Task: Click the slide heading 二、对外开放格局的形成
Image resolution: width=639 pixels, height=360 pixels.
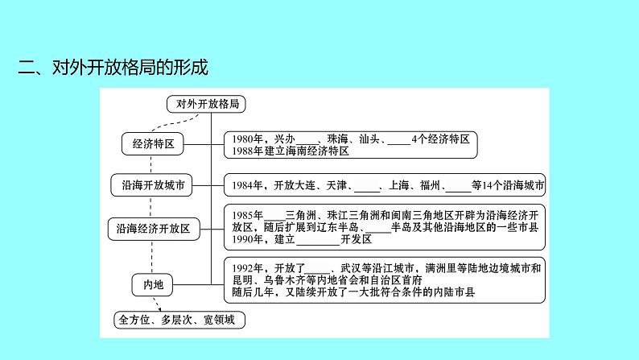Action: [x=113, y=68]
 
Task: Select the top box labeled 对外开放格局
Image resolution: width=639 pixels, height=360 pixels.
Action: [x=206, y=104]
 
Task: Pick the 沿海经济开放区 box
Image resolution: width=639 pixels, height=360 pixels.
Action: [x=153, y=229]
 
